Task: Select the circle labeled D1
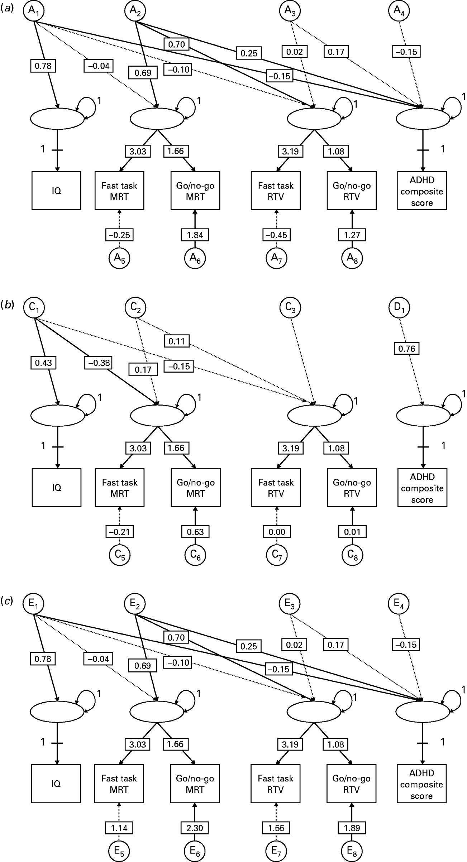click(x=399, y=308)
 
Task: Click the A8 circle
click(x=352, y=258)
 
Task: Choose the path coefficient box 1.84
click(x=195, y=235)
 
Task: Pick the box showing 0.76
click(x=406, y=348)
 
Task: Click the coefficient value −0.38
click(x=98, y=363)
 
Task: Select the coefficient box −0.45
click(x=276, y=235)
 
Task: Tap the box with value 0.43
click(x=43, y=363)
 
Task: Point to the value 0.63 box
click(x=195, y=532)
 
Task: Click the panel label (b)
click(x=8, y=305)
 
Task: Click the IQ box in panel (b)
click(x=57, y=488)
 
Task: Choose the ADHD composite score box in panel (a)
click(x=422, y=191)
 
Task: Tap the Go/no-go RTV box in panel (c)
click(x=351, y=784)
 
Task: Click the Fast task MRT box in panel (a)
click(x=119, y=191)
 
